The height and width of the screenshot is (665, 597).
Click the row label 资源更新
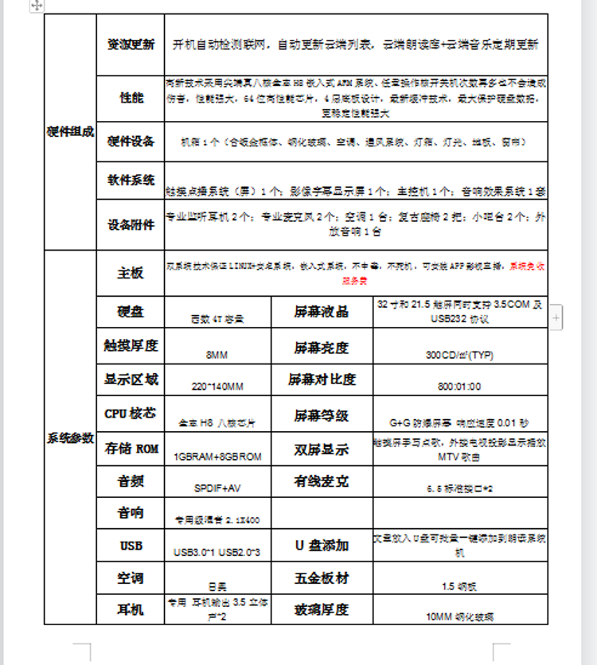(131, 45)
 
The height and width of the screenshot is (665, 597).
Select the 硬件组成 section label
(70, 132)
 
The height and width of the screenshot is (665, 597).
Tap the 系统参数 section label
(70, 438)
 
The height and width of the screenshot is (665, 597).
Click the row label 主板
(131, 273)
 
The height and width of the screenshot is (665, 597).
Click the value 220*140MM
(217, 387)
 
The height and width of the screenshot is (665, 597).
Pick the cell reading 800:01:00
(459, 387)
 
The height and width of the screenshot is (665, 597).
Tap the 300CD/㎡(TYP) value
(459, 355)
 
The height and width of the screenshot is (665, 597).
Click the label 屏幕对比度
(322, 379)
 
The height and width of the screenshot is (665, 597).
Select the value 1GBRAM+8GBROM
(217, 457)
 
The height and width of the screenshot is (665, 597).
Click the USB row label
(131, 546)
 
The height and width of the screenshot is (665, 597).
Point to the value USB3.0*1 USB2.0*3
(217, 551)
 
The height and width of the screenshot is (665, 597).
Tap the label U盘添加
(322, 546)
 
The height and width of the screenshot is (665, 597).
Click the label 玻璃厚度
(322, 609)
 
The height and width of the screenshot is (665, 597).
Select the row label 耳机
(131, 609)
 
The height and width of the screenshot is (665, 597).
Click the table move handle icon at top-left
(37, 6)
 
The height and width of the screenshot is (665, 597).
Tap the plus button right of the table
(556, 317)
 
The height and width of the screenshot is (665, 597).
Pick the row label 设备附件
(131, 224)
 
